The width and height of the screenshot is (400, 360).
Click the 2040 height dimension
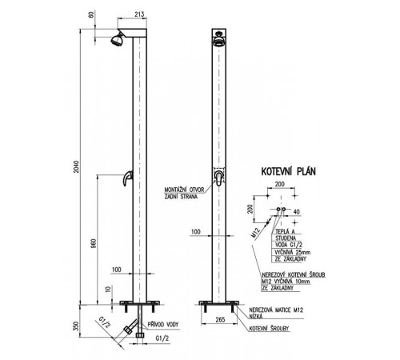pyautogui.click(x=77, y=166)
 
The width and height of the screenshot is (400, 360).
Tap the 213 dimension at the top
pyautogui.click(x=139, y=14)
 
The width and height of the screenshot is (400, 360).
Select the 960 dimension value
pyautogui.click(x=94, y=244)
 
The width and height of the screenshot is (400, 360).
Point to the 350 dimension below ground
pyautogui.click(x=77, y=326)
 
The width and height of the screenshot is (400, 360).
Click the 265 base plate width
pyautogui.click(x=220, y=319)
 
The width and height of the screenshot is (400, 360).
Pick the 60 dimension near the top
pyautogui.click(x=91, y=15)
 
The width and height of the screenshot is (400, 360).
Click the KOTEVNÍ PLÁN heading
pyautogui.click(x=288, y=171)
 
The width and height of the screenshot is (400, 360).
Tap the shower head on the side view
pyautogui.click(x=117, y=39)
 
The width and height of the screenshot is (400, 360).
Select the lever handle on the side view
pyautogui.click(x=127, y=178)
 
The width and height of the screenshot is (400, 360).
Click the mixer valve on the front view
pyautogui.click(x=219, y=178)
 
